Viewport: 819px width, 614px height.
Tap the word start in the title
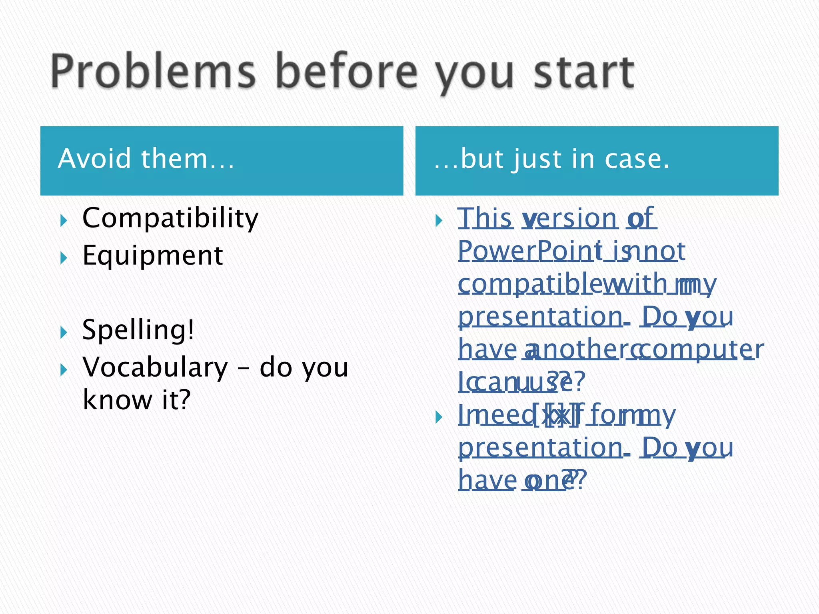coord(584,72)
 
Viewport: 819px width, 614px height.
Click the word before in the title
coord(347,72)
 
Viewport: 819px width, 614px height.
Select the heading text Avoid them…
coord(146,159)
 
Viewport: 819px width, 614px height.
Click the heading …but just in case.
coord(552,159)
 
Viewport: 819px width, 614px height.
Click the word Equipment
coord(152,256)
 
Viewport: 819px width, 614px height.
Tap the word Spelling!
coord(138,330)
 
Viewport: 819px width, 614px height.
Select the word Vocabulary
coord(155,367)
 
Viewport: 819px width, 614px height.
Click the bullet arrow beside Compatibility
coord(63,220)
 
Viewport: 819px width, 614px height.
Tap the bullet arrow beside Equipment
coord(63,258)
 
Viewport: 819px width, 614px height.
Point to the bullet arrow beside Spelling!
coord(63,332)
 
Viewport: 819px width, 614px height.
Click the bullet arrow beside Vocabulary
coord(63,370)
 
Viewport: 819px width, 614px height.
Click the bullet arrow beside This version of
coord(439,220)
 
